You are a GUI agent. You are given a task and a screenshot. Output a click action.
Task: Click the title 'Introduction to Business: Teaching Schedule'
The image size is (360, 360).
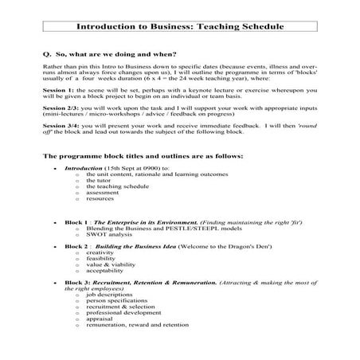(179, 26)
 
